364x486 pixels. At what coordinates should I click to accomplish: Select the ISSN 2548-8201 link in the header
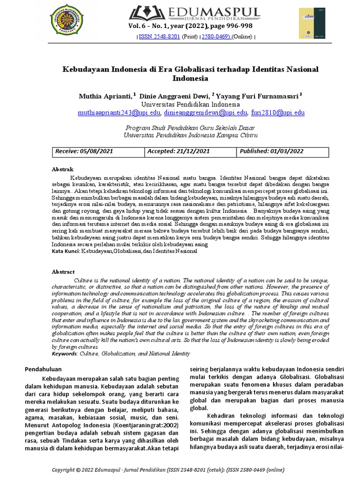pyautogui.click(x=159, y=37)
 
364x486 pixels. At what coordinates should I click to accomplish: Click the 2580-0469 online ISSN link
pyautogui.click(x=216, y=37)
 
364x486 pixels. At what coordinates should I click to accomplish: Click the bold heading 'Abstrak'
pyautogui.click(x=63, y=169)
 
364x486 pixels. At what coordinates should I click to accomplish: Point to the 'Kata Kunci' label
pyautogui.click(x=66, y=251)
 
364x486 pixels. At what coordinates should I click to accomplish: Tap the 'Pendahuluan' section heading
pyautogui.click(x=44, y=369)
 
